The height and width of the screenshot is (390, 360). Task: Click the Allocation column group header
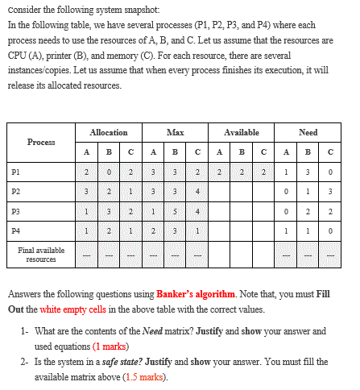tap(108, 132)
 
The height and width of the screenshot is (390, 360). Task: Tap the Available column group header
tap(242, 132)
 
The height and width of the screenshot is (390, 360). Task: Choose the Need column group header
tap(308, 132)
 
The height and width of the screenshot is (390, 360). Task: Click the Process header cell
tap(41, 142)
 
